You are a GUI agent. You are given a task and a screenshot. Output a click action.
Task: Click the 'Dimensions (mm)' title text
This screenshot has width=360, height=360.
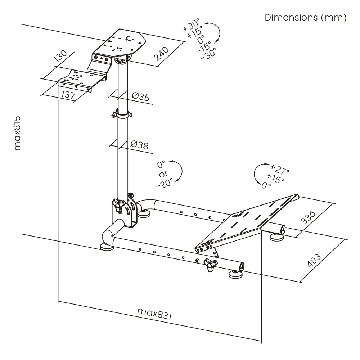pyautogui.click(x=305, y=18)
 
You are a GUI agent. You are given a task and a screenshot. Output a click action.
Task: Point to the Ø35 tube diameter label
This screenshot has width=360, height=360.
pyautogui.click(x=140, y=96)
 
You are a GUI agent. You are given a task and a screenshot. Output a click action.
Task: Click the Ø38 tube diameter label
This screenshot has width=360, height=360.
pyautogui.click(x=139, y=145)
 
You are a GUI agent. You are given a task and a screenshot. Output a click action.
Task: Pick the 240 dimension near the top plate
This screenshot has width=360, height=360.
pyautogui.click(x=162, y=54)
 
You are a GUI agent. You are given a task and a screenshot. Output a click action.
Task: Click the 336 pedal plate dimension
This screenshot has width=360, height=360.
pyautogui.click(x=308, y=218)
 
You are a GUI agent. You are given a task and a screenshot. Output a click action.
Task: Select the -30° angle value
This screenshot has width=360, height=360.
pyautogui.click(x=208, y=54)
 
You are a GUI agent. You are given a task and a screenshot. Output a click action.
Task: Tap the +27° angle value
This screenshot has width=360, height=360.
pyautogui.click(x=280, y=169)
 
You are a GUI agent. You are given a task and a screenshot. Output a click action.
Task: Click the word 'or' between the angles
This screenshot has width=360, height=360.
pyautogui.click(x=163, y=174)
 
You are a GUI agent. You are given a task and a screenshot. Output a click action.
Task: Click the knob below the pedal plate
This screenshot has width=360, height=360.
pyautogui.click(x=210, y=265)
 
